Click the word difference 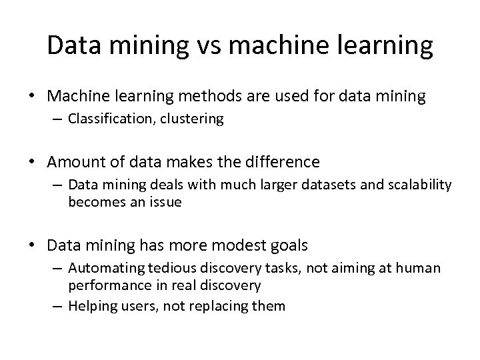tap(281, 163)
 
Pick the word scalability tap(414, 185)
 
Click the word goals tap(287, 245)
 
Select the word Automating tap(99, 268)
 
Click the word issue tap(164, 201)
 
